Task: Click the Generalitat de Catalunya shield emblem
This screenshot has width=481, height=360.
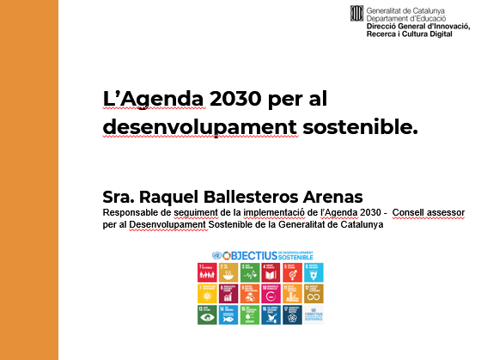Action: click(x=356, y=13)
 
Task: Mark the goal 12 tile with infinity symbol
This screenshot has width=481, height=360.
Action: click(x=314, y=294)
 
